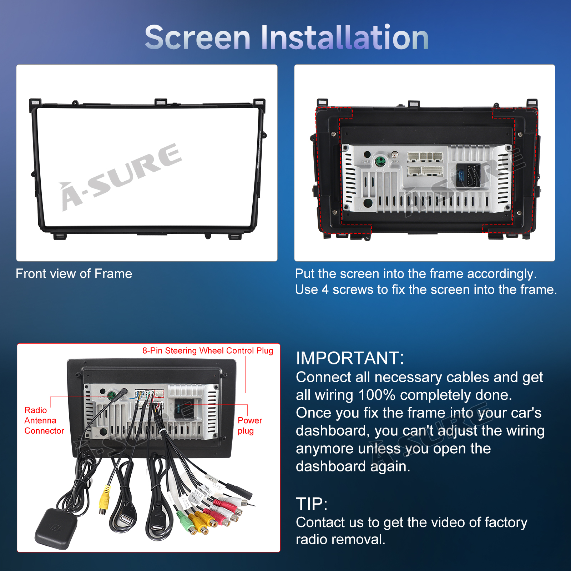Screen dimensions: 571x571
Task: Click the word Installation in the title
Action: (x=345, y=37)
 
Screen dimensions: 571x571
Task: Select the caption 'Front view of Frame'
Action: (x=74, y=274)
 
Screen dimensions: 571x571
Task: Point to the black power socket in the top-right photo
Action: (x=469, y=175)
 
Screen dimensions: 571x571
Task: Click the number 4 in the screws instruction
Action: (x=325, y=289)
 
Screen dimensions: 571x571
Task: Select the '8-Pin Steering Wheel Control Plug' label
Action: (x=208, y=350)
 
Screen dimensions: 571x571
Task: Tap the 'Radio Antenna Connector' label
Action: (x=44, y=420)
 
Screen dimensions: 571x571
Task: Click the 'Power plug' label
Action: (x=250, y=425)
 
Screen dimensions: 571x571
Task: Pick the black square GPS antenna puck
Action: (x=56, y=529)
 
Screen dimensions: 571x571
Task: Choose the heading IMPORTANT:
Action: (x=350, y=358)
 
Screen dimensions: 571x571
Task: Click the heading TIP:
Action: (x=312, y=504)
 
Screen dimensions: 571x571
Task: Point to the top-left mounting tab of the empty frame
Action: (x=35, y=102)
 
